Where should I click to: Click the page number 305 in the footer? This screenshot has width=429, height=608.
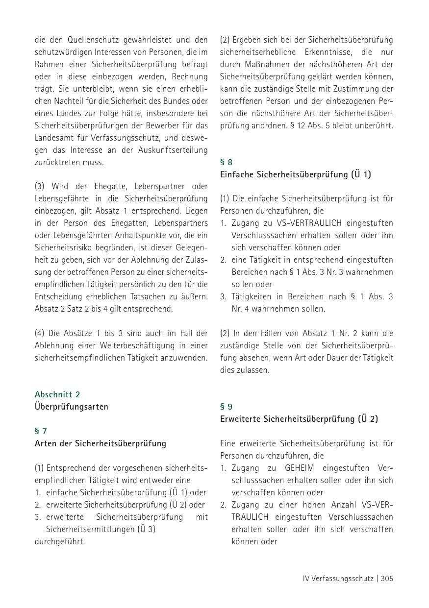point(387,579)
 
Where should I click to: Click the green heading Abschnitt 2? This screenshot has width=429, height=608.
point(57,394)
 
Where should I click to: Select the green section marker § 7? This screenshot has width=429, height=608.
point(41,431)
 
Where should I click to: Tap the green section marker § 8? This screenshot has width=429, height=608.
point(226,162)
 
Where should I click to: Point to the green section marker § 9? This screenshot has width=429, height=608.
point(226,407)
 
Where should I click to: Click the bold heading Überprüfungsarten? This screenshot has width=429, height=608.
point(72,407)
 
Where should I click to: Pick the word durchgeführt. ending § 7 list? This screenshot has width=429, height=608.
point(60,541)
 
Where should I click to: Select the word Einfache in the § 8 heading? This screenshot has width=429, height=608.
point(237,174)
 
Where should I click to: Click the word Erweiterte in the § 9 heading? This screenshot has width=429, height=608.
point(240,419)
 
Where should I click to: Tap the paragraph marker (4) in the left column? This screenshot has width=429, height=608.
point(39,333)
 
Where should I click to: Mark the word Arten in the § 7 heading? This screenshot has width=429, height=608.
point(46,443)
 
